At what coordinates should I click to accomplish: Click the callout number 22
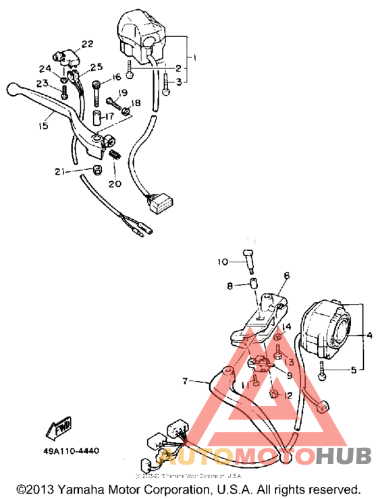[x=87, y=45]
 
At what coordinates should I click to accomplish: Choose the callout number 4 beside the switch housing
[x=369, y=334]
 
